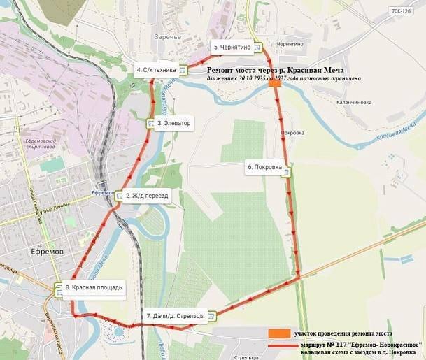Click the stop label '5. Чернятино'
(x=232, y=47)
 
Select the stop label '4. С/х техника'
(x=157, y=69)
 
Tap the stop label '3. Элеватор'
(x=173, y=123)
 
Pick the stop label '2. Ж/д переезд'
(x=147, y=196)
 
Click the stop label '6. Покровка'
(x=264, y=167)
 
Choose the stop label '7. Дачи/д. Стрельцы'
(x=176, y=316)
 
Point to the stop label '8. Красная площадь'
(x=93, y=287)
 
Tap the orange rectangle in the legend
(x=279, y=333)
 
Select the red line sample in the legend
(x=280, y=345)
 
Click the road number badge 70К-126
(x=402, y=11)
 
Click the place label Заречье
(x=168, y=36)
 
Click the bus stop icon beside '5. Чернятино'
(x=257, y=48)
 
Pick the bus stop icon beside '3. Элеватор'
(x=151, y=124)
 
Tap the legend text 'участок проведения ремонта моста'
(x=343, y=333)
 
